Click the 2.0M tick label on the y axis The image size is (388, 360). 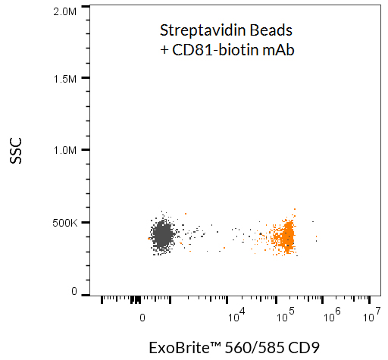[x=65, y=11]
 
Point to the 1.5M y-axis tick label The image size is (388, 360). [x=65, y=78]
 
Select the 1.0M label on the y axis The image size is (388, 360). [x=65, y=150]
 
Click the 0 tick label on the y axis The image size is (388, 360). [x=74, y=291]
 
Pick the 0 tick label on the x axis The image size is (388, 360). [x=142, y=318]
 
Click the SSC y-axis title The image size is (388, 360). [x=17, y=152]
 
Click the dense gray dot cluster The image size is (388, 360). [x=162, y=236]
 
